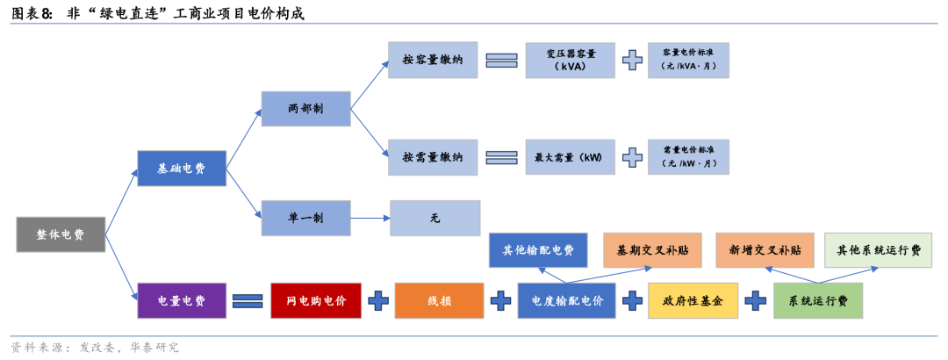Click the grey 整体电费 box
[61, 235]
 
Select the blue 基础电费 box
[181, 169]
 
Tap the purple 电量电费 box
[181, 301]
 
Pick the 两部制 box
[305, 109]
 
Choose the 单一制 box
[305, 218]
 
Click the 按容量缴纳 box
[434, 60]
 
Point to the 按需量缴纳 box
[434, 157]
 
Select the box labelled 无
[434, 218]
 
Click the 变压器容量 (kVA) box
[571, 60]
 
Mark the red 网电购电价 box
[316, 301]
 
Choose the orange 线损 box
[439, 301]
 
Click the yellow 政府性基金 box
[693, 301]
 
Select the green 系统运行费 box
[817, 301]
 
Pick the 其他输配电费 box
[538, 250]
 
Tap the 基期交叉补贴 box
[651, 250]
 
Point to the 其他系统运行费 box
[878, 250]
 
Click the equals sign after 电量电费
[248, 301]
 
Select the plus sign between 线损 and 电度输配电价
[500, 301]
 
